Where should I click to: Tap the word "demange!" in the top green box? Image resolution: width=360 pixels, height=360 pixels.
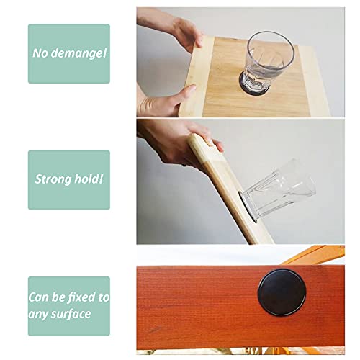click(81, 53)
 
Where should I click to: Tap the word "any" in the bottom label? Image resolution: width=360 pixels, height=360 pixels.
click(42, 314)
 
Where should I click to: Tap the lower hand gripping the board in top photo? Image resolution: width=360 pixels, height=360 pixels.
click(162, 102)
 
